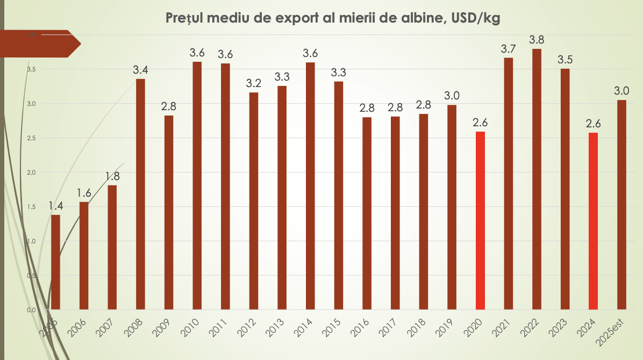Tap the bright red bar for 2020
tap(480, 220)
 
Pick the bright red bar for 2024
tap(593, 221)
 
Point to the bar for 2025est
tap(621, 205)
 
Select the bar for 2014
tap(310, 186)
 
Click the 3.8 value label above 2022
tap(537, 40)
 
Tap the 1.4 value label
tap(56, 206)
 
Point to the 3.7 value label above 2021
tap(508, 49)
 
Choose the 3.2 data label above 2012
tap(254, 84)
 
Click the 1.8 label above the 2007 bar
tap(112, 176)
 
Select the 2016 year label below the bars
tap(360, 326)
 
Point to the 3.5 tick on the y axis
tap(31, 69)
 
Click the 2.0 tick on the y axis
tap(31, 172)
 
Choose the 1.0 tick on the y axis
tap(31, 241)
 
